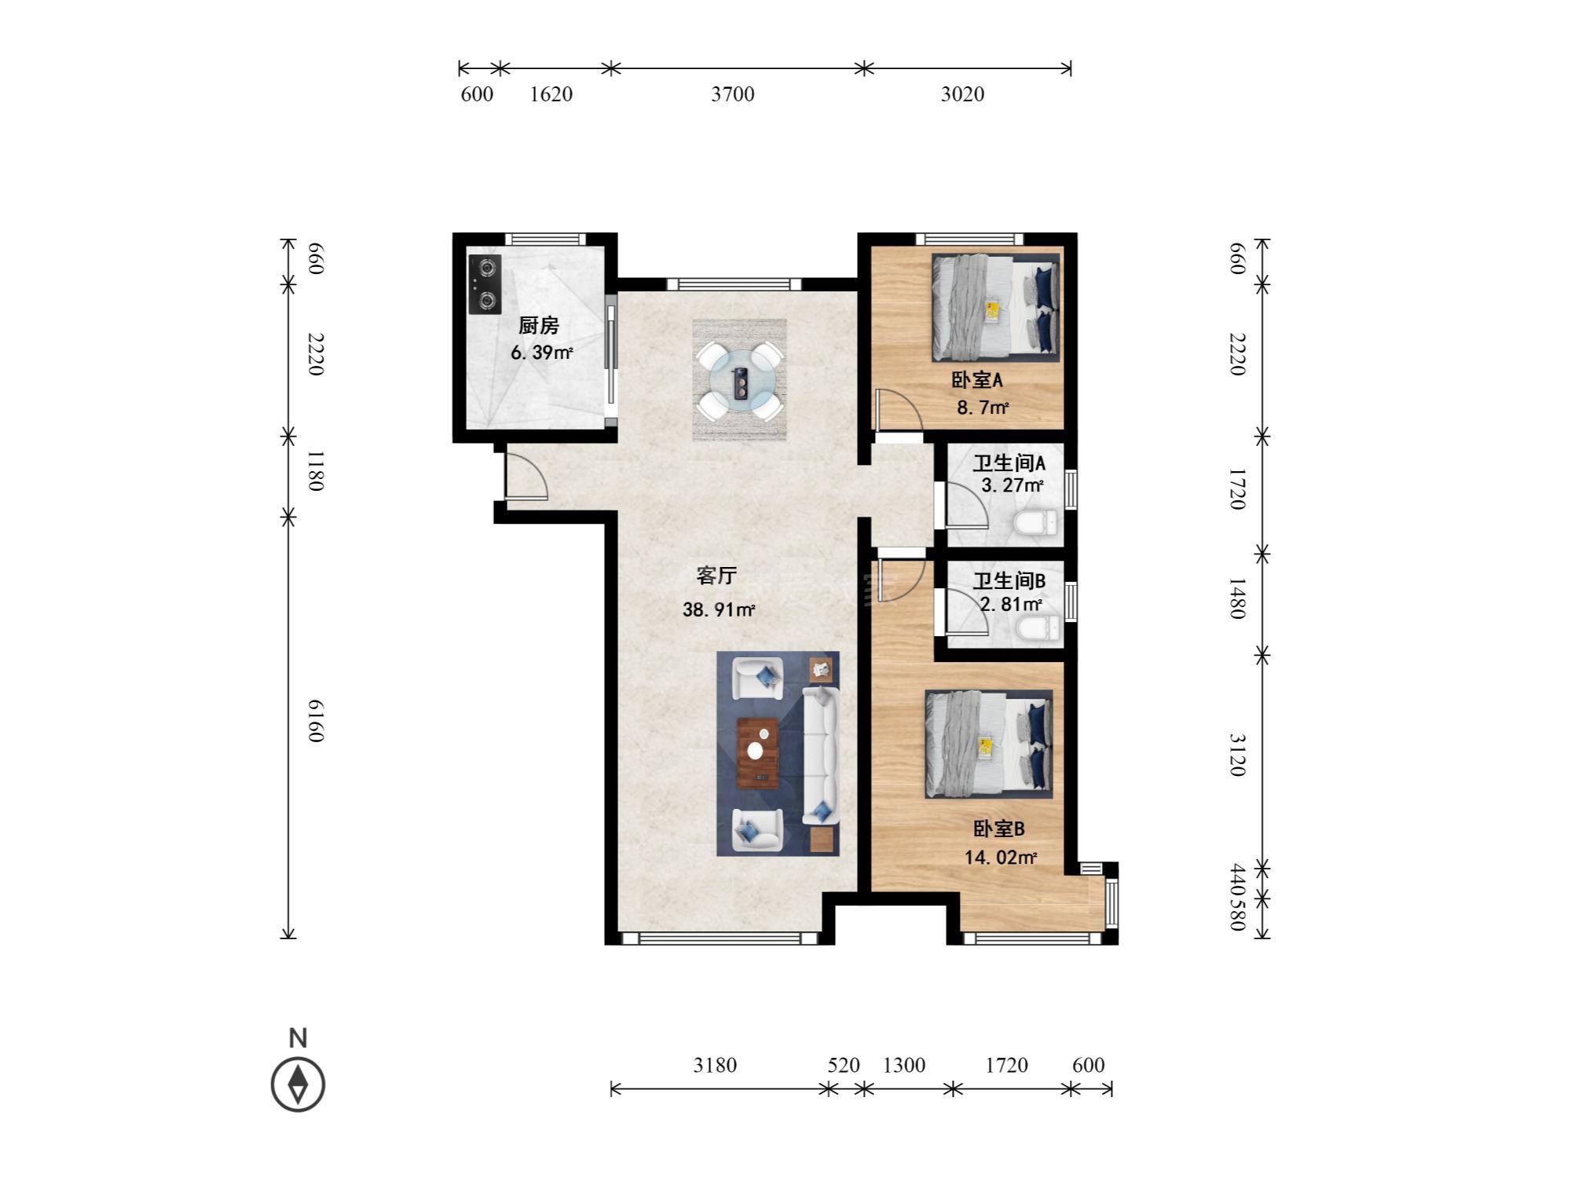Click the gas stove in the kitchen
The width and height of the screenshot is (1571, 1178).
485,284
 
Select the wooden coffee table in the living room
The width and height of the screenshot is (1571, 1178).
759,752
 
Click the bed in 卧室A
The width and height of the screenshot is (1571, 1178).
996,307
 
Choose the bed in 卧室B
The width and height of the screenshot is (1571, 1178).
989,744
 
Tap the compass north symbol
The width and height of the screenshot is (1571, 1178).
298,1085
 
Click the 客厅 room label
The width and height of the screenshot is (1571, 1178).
716,576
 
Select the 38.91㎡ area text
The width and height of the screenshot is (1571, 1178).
719,609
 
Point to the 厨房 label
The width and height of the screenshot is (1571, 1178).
539,325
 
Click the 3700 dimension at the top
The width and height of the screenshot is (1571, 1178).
733,94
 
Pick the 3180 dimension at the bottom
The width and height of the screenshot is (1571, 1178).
715,1065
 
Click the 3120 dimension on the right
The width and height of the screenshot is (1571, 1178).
1237,755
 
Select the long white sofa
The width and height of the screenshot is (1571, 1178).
821,755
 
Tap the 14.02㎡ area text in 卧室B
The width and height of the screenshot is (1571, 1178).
1001,858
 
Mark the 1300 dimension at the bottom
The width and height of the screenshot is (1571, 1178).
904,1065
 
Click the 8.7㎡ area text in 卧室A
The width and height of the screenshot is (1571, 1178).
982,408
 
